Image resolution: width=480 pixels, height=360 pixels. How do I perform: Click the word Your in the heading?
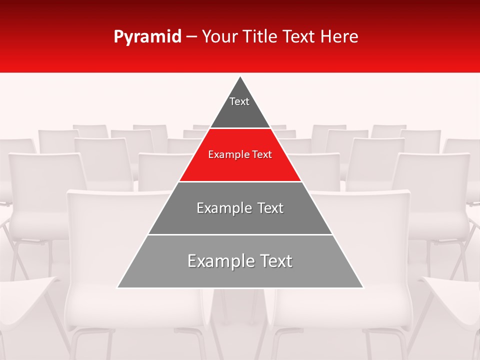[x=221, y=37]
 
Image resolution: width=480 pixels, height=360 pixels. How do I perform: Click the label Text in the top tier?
[x=239, y=101]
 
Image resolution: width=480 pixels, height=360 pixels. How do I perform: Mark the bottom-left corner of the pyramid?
[x=118, y=287]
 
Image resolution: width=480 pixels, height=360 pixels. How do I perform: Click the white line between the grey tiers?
[x=240, y=234]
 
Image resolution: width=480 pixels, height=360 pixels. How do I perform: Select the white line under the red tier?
[x=240, y=181]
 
